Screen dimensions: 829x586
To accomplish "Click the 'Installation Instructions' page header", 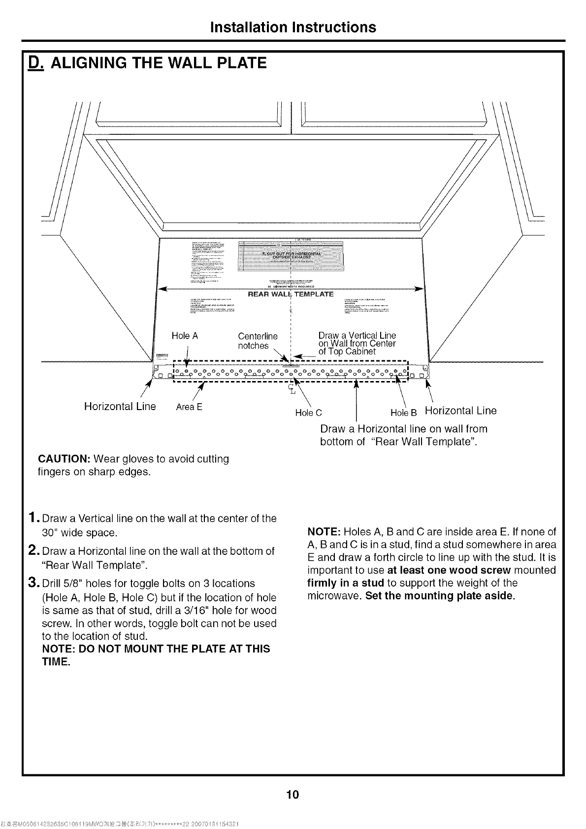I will [293, 27].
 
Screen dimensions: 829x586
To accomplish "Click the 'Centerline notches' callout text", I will [257, 341].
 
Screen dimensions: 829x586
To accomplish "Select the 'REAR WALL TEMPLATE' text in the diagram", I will [290, 294].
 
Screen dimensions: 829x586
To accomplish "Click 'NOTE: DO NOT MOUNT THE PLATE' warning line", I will [156, 649].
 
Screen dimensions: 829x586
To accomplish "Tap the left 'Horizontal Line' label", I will [120, 407].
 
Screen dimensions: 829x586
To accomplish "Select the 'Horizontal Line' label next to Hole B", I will [461, 411].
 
